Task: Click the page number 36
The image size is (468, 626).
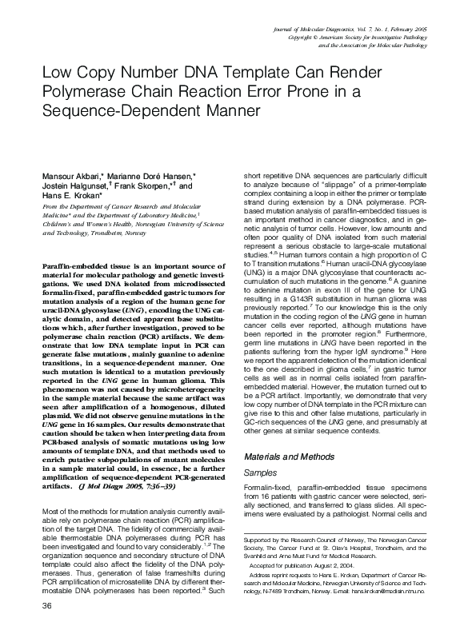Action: [34, 612]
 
